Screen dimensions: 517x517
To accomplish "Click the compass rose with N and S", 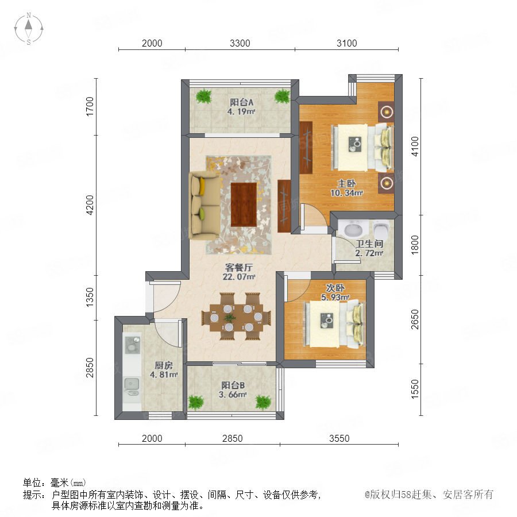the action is [29, 29].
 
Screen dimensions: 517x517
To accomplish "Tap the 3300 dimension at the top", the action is [240, 43].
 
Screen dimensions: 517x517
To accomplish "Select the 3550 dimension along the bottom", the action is [339, 438].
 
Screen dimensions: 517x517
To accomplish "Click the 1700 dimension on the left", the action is [90, 106].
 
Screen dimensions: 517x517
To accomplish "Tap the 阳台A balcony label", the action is [241, 102].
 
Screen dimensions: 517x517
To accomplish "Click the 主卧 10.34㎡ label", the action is [346, 188].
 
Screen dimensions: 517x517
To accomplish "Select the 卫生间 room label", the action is [369, 244].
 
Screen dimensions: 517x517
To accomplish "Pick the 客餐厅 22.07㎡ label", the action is [239, 272].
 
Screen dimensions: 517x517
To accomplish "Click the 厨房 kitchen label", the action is [164, 365].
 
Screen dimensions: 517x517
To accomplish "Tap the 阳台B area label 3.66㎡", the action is [233, 394].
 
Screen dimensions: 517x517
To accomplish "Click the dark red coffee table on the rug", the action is [244, 205].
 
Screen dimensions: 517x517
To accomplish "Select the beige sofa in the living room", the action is [205, 206].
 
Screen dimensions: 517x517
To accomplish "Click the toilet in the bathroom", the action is [381, 229].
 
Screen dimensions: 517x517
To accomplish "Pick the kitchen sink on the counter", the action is [132, 384].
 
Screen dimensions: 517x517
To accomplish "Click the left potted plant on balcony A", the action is [204, 97].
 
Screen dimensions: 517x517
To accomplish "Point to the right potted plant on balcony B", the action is [263, 403].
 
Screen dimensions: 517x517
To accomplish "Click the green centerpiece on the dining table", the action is [230, 318].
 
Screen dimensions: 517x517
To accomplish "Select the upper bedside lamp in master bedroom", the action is [386, 112].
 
